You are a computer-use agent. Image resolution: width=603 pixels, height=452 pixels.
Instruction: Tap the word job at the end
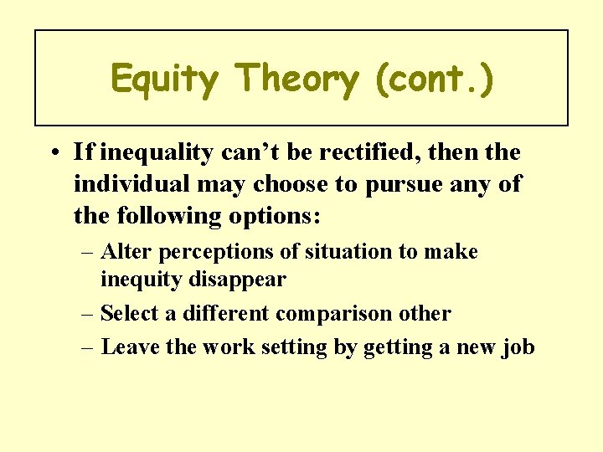518,347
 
